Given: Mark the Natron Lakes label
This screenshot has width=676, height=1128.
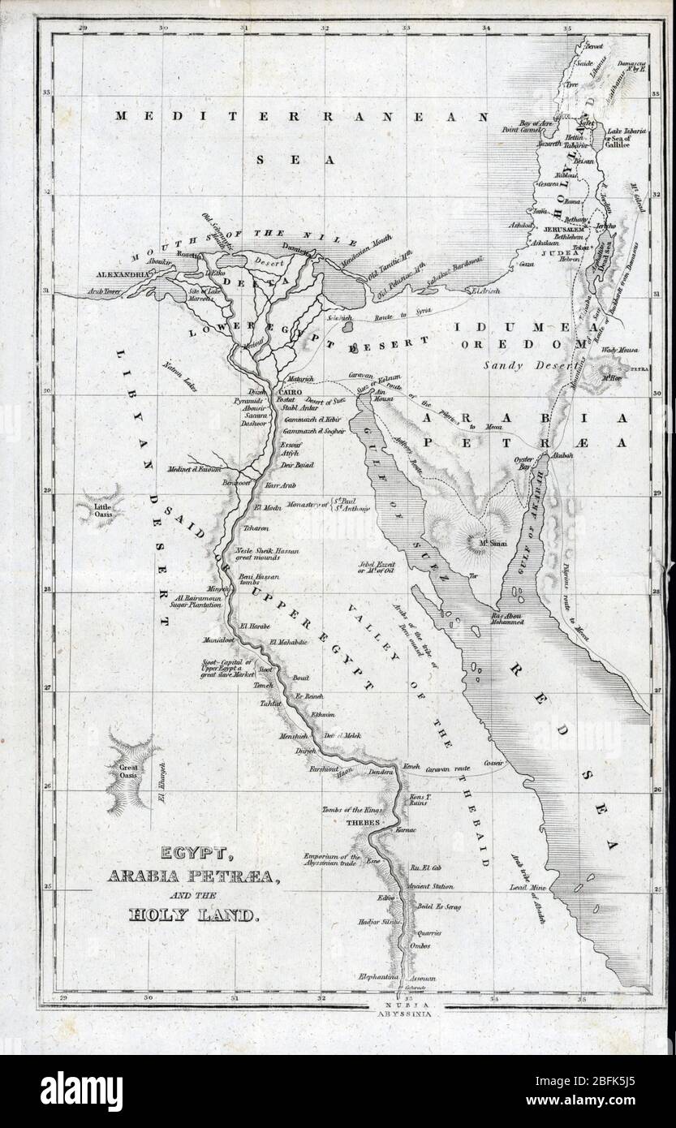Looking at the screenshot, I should tap(183, 367).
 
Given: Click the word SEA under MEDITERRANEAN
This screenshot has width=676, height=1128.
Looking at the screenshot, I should tap(296, 160).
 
